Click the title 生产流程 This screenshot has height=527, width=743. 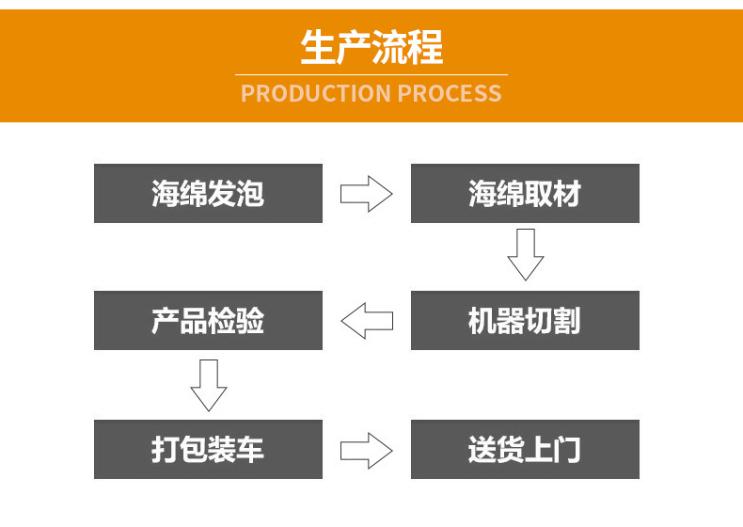point(371,47)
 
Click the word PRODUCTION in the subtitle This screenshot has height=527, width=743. point(315,93)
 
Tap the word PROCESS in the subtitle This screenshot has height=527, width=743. point(449,93)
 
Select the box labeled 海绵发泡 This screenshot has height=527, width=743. point(208,194)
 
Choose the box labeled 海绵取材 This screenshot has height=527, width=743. point(525,194)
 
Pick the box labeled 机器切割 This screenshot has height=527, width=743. point(525,321)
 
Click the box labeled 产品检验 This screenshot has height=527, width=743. point(208,321)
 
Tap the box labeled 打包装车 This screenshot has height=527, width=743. point(208,449)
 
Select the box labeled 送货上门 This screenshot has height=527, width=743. point(525,449)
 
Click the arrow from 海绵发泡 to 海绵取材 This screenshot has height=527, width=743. point(366,194)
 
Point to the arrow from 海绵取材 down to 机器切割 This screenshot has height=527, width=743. point(525,254)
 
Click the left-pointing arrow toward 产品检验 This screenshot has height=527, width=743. point(366,321)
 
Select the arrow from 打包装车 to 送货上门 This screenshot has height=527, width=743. point(366,449)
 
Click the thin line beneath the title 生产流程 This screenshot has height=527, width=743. point(371,74)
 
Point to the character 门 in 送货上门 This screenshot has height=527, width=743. point(566,450)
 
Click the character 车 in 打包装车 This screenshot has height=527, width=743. point(249,450)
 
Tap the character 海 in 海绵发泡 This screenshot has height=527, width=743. point(166,194)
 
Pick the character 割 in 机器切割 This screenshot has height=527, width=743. point(566,322)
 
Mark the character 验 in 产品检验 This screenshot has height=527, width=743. point(249,322)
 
